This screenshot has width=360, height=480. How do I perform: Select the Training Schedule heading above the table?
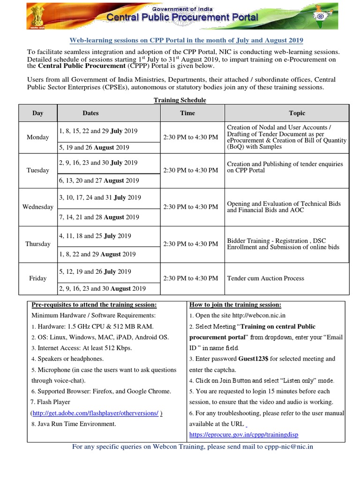click(180, 100)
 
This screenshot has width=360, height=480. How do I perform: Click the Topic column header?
click(297, 113)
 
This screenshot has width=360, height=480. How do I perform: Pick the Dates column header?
click(90, 113)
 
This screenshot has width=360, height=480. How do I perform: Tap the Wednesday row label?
click(38, 207)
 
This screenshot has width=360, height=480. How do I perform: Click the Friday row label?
click(38, 278)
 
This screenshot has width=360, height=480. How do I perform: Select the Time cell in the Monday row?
click(190, 137)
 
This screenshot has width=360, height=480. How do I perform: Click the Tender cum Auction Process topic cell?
click(265, 278)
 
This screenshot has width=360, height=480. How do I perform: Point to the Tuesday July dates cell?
click(98, 163)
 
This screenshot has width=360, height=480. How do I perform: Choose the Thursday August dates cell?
click(97, 254)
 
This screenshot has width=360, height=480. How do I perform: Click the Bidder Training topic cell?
click(283, 244)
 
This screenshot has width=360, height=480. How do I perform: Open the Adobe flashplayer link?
click(97, 413)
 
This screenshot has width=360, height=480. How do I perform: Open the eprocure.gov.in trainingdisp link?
click(244, 435)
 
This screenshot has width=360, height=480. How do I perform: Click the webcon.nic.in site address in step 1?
click(266, 315)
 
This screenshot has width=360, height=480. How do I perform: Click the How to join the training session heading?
click(235, 305)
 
